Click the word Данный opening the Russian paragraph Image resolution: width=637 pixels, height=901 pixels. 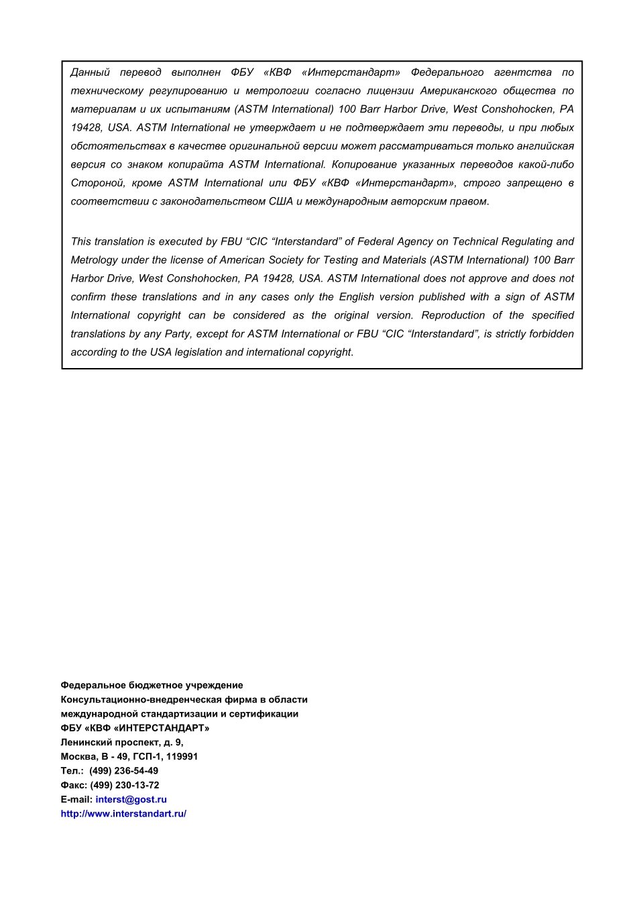click(x=90, y=72)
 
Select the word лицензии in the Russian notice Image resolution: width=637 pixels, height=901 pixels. click(x=390, y=91)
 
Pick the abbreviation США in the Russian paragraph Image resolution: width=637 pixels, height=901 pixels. click(x=280, y=201)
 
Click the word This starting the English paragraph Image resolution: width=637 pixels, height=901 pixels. click(x=81, y=241)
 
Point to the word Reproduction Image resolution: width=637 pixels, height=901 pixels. click(x=453, y=315)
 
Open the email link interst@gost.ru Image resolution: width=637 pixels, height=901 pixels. click(x=131, y=799)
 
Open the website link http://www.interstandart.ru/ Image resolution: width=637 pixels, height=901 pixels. click(x=123, y=814)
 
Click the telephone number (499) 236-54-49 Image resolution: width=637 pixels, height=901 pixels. click(x=123, y=771)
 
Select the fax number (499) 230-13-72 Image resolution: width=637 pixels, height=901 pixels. click(x=124, y=785)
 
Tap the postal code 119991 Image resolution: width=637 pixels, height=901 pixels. click(x=182, y=756)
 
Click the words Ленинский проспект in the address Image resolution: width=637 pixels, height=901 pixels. click(x=110, y=742)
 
